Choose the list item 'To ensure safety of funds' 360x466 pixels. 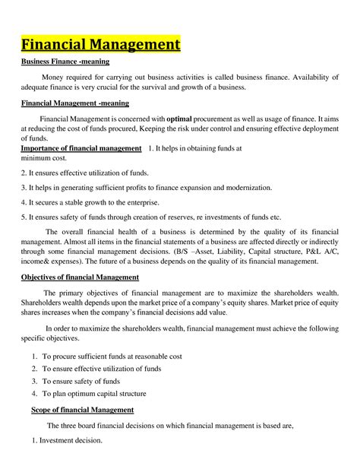click(81, 381)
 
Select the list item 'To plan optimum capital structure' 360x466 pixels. click(94, 393)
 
